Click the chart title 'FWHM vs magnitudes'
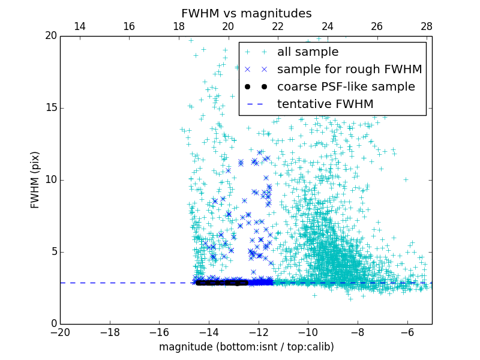pos(246,13)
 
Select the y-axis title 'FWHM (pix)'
pos(35,179)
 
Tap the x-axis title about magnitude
pos(246,347)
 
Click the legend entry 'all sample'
pos(307,52)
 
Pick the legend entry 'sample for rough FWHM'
pos(349,70)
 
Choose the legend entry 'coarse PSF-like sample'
pos(346,87)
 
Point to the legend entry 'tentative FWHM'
pos(325,104)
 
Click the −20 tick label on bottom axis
pos(60,332)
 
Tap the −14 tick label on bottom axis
pos(209,332)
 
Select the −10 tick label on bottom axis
pos(308,332)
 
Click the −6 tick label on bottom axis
pos(407,332)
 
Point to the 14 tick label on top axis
pos(79,26)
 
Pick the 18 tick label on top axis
pos(179,26)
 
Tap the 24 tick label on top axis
pos(328,26)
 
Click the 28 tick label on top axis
pos(427,26)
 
